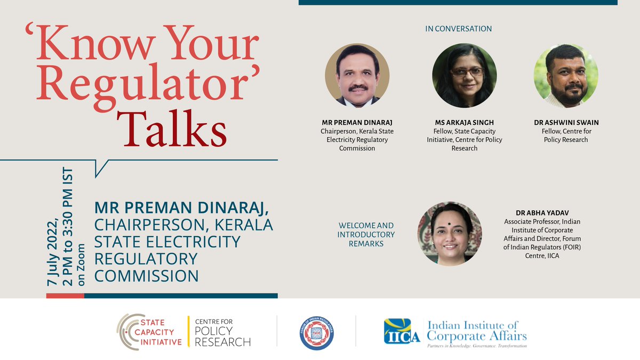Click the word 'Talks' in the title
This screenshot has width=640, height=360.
coord(172,129)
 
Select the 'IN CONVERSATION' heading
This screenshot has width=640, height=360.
coord(458,29)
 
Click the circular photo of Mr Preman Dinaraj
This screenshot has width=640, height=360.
coord(357,76)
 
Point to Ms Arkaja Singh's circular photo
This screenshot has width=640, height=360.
coord(464,76)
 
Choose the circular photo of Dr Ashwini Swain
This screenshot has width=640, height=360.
coord(566,76)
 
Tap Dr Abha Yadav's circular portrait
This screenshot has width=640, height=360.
coord(449,234)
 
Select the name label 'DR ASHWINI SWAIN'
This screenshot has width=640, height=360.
coord(566,123)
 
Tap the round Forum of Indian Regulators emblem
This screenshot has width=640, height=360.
coord(316,332)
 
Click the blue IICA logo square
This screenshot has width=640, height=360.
coord(402,331)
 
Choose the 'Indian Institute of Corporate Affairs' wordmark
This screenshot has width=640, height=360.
coord(475,329)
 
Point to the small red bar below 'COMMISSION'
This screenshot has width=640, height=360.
coord(65,295)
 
